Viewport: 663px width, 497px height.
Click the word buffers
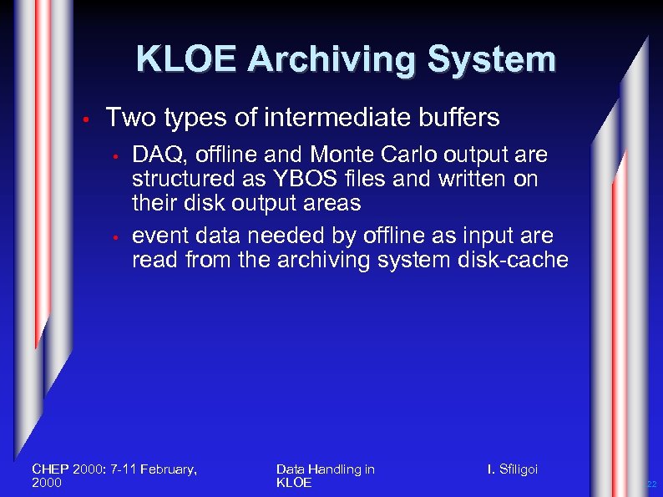pos(464,118)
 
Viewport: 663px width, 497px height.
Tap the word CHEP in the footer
pos(49,469)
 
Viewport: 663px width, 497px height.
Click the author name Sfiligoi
pos(517,469)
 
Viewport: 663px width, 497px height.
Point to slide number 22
pos(653,484)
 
